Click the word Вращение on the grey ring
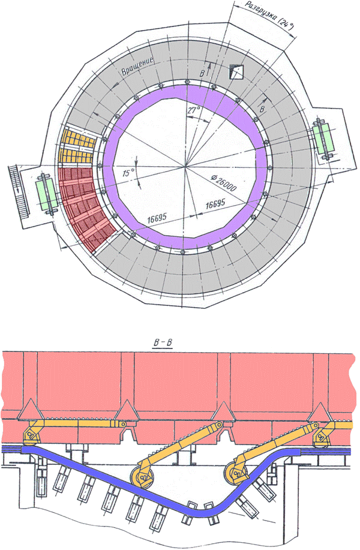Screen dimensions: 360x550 (137, 66)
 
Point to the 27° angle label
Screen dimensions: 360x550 (193, 110)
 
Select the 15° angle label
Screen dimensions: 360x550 (128, 173)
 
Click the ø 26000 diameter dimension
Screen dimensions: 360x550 (224, 182)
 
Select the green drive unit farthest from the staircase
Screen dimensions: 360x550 (323, 139)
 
